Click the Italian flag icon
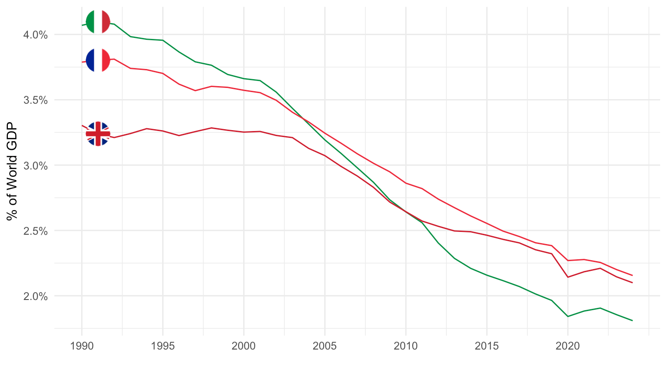pyautogui.click(x=98, y=21)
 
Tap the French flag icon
pyautogui.click(x=98, y=60)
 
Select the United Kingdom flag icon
pyautogui.click(x=98, y=134)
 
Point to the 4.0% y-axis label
pyautogui.click(x=35, y=35)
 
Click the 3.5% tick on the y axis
pyautogui.click(x=35, y=100)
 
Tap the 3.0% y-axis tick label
pyautogui.click(x=35, y=165)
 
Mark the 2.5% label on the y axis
pyautogui.click(x=35, y=231)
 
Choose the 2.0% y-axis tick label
pyautogui.click(x=35, y=296)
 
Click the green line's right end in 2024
pyautogui.click(x=632, y=320)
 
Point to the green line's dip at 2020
pyautogui.click(x=567, y=316)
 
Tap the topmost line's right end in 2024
pyautogui.click(x=632, y=275)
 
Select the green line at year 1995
pyautogui.click(x=163, y=40)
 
